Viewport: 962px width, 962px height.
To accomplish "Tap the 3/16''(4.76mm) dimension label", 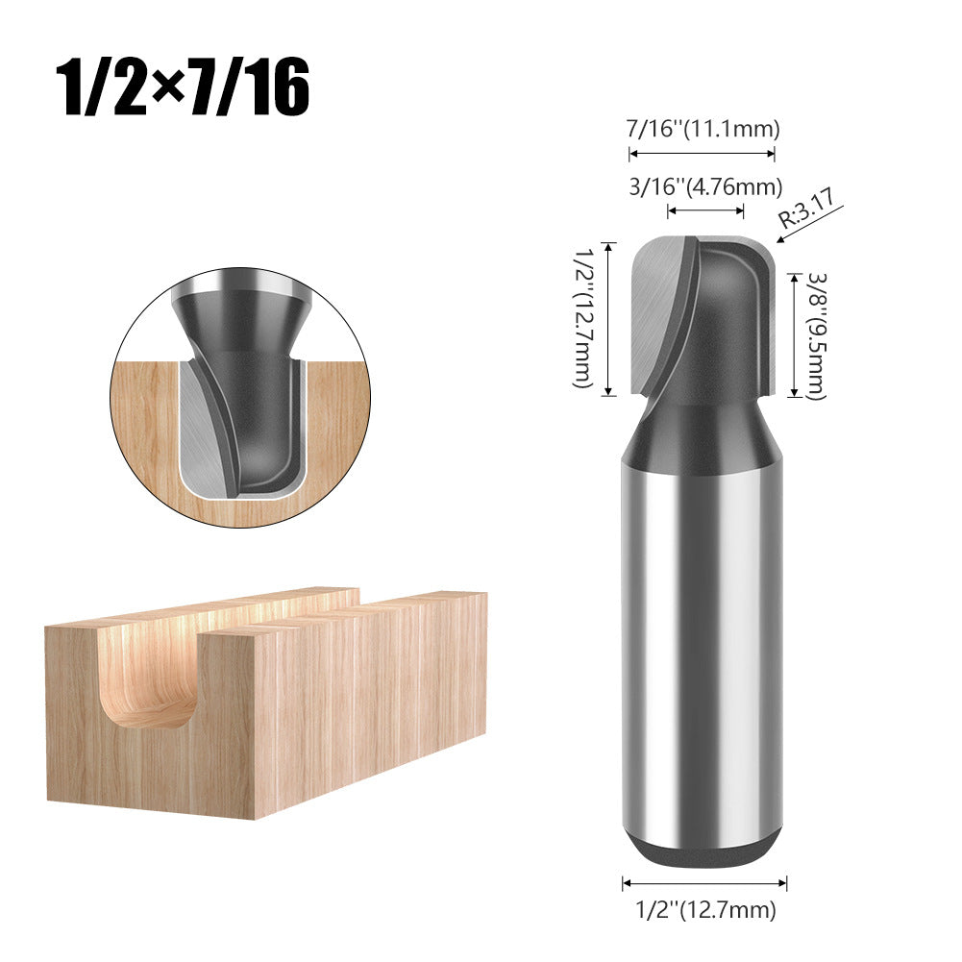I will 705,186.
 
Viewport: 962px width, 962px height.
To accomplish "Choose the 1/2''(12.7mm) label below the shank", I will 704,909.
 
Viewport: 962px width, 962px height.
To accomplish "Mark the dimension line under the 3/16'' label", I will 705,210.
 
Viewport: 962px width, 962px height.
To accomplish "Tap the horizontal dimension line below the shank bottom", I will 704,881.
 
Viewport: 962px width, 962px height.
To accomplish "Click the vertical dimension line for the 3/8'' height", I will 794,335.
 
